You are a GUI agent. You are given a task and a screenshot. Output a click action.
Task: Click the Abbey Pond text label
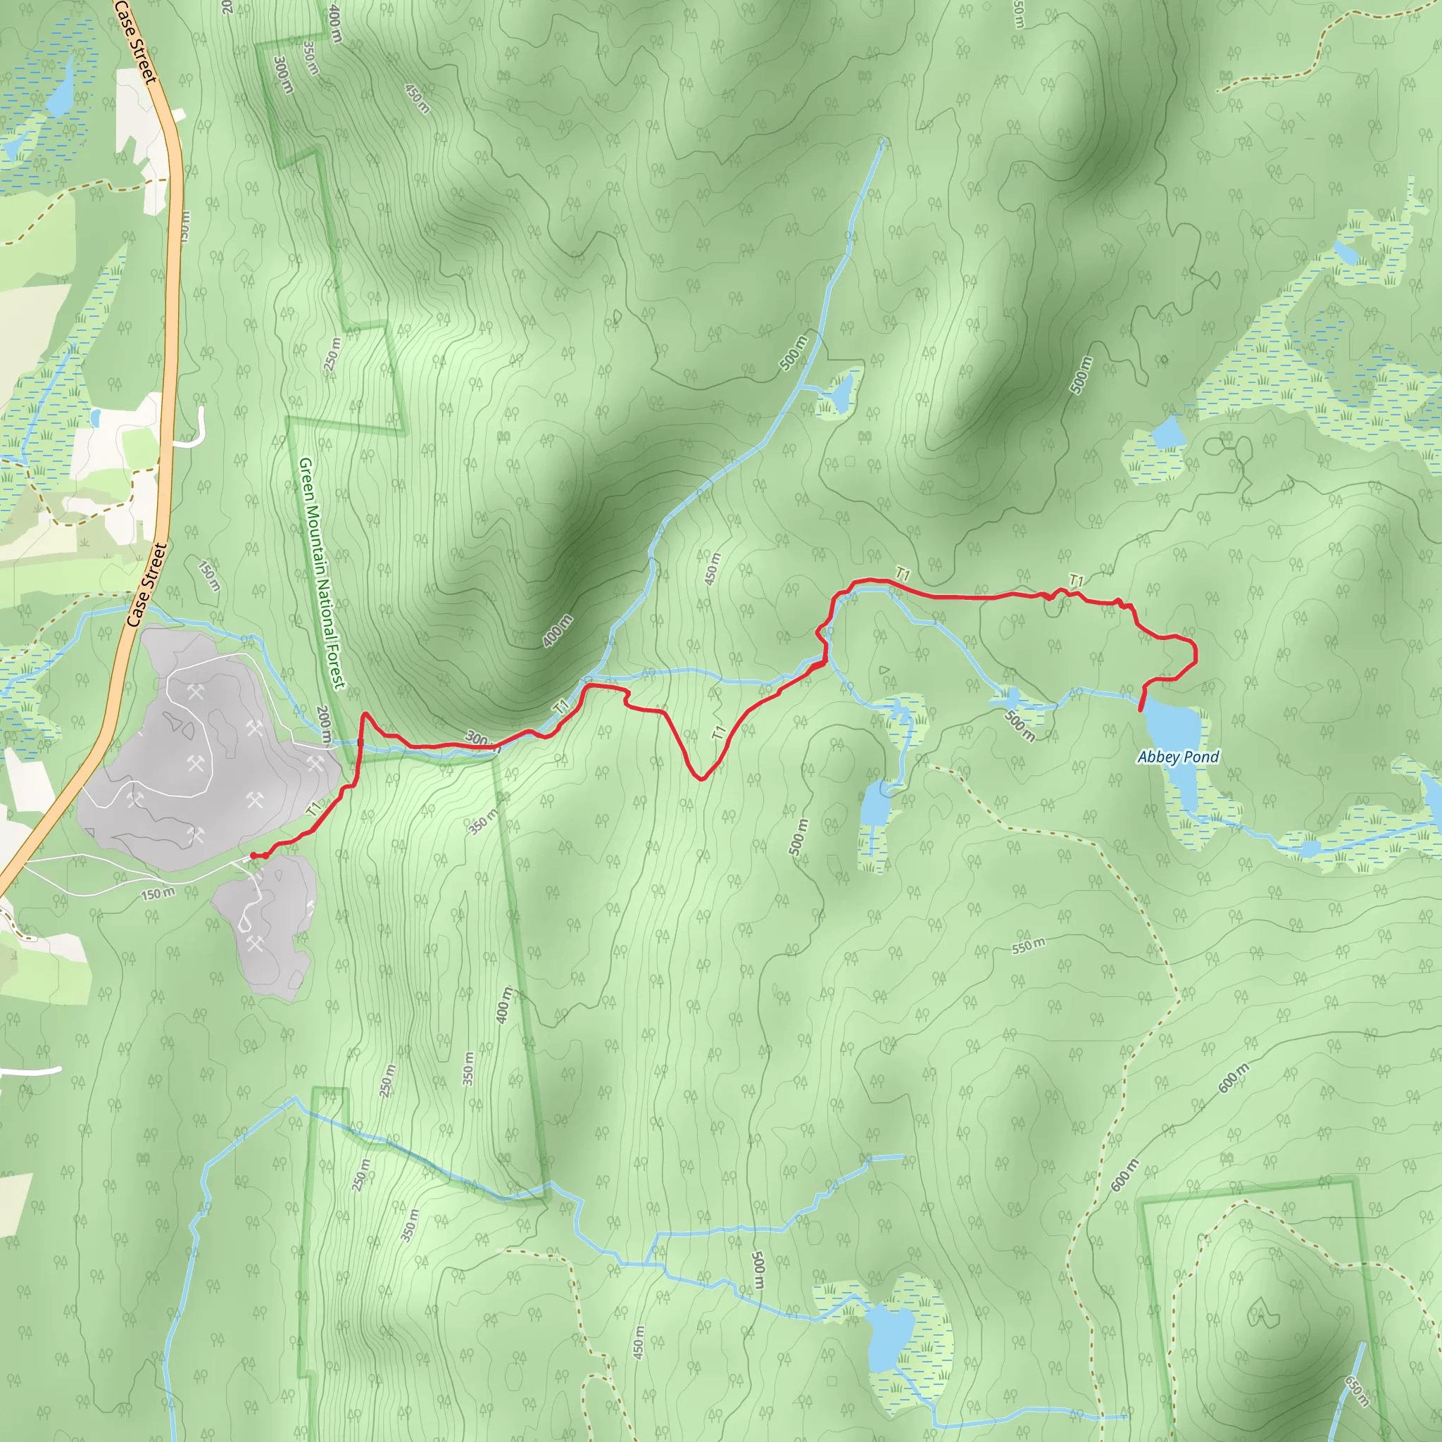pyautogui.click(x=1178, y=757)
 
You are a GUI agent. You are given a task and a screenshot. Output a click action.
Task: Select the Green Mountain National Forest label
pyautogui.click(x=322, y=572)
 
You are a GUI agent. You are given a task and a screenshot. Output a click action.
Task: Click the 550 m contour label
pyautogui.click(x=1028, y=946)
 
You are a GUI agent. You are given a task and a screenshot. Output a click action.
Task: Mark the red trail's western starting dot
pyautogui.click(x=253, y=855)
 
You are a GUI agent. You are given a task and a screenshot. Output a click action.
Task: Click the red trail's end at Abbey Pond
pyautogui.click(x=1141, y=710)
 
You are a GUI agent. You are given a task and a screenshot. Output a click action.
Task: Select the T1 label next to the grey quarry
pyautogui.click(x=314, y=808)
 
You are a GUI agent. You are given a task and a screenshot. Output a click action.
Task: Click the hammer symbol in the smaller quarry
pyautogui.click(x=256, y=944)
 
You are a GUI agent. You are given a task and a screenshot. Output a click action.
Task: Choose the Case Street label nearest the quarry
pyautogui.click(x=146, y=585)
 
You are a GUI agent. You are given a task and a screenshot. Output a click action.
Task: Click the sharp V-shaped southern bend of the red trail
pyautogui.click(x=701, y=779)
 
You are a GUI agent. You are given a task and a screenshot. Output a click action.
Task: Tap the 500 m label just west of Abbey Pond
pyautogui.click(x=1020, y=725)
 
